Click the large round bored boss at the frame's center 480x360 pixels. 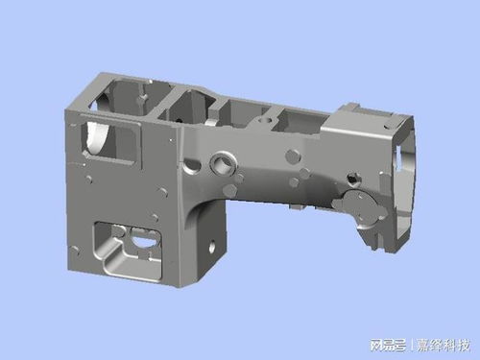[228, 157]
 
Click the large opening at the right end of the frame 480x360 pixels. [408, 187]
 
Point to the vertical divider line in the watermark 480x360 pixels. [411, 344]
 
